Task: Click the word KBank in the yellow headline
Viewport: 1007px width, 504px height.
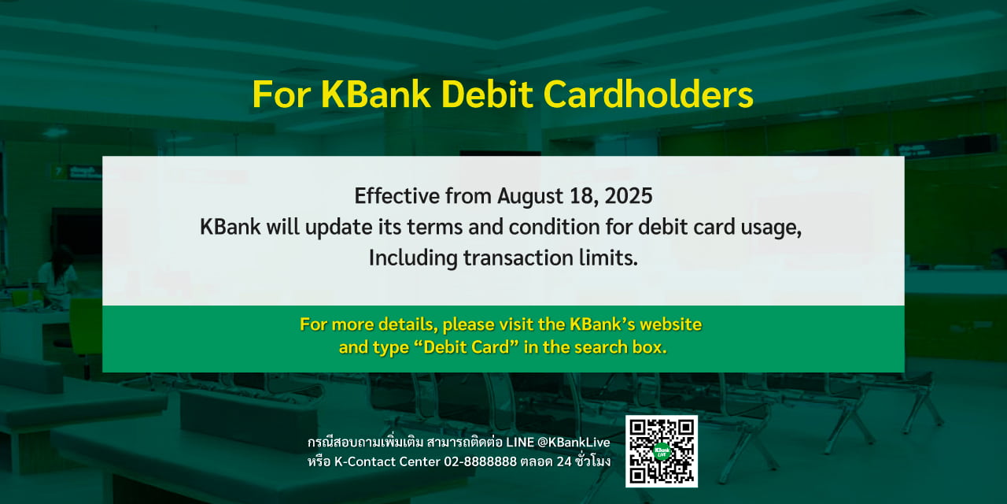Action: point(376,95)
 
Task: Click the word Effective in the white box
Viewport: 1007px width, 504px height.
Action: point(397,195)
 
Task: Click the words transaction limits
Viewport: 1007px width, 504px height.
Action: point(550,258)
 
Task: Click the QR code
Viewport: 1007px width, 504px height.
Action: point(662,451)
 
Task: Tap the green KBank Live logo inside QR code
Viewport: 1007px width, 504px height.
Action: point(662,451)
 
